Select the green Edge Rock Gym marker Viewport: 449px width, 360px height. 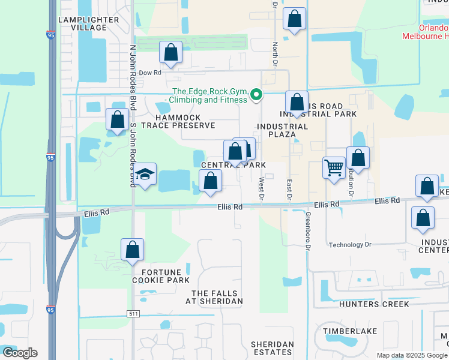tap(256, 94)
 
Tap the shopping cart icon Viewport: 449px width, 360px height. tap(333, 167)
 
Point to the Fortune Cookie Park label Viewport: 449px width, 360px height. tap(161, 275)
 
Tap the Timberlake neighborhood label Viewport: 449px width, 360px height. tap(349, 331)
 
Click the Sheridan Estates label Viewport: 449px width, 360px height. tap(272, 348)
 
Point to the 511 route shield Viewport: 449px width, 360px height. tap(134, 314)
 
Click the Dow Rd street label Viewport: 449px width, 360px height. tap(150, 73)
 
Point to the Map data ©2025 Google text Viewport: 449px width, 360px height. tap(411, 355)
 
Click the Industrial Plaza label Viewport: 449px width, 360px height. tap(282, 131)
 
